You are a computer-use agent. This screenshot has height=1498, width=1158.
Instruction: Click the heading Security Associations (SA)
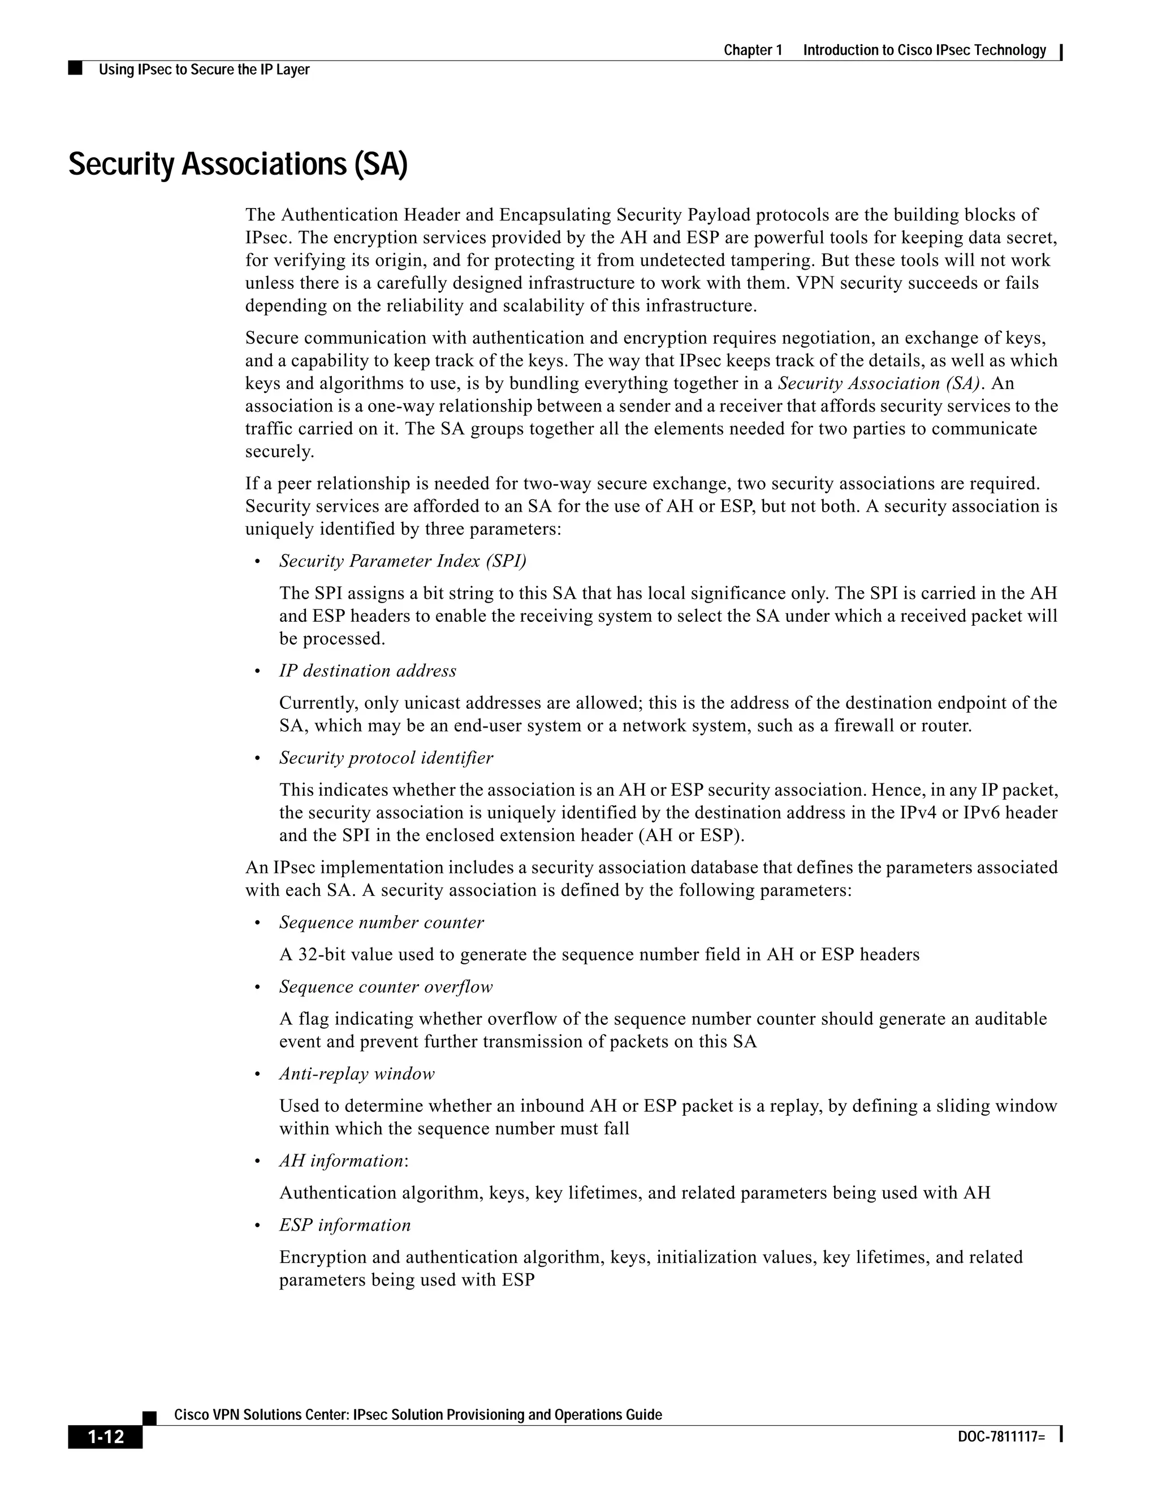[238, 164]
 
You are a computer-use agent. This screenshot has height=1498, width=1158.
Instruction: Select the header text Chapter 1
[753, 50]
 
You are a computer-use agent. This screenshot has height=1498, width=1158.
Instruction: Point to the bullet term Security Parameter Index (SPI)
[403, 561]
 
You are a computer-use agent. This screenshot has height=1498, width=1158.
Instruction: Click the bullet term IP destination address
[368, 671]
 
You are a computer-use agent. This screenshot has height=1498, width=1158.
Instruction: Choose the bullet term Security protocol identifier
[386, 758]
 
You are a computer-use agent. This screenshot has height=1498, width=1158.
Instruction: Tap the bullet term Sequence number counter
[382, 923]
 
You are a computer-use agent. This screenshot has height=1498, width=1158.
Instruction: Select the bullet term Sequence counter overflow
[386, 987]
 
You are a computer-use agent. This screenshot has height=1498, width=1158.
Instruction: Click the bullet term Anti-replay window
[357, 1073]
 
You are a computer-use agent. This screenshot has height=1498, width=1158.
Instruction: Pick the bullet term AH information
[342, 1161]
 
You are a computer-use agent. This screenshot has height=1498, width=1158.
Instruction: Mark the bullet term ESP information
[345, 1225]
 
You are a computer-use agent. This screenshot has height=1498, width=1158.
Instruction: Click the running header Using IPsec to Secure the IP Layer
[204, 70]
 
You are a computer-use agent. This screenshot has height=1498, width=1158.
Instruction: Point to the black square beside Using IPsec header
[75, 68]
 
